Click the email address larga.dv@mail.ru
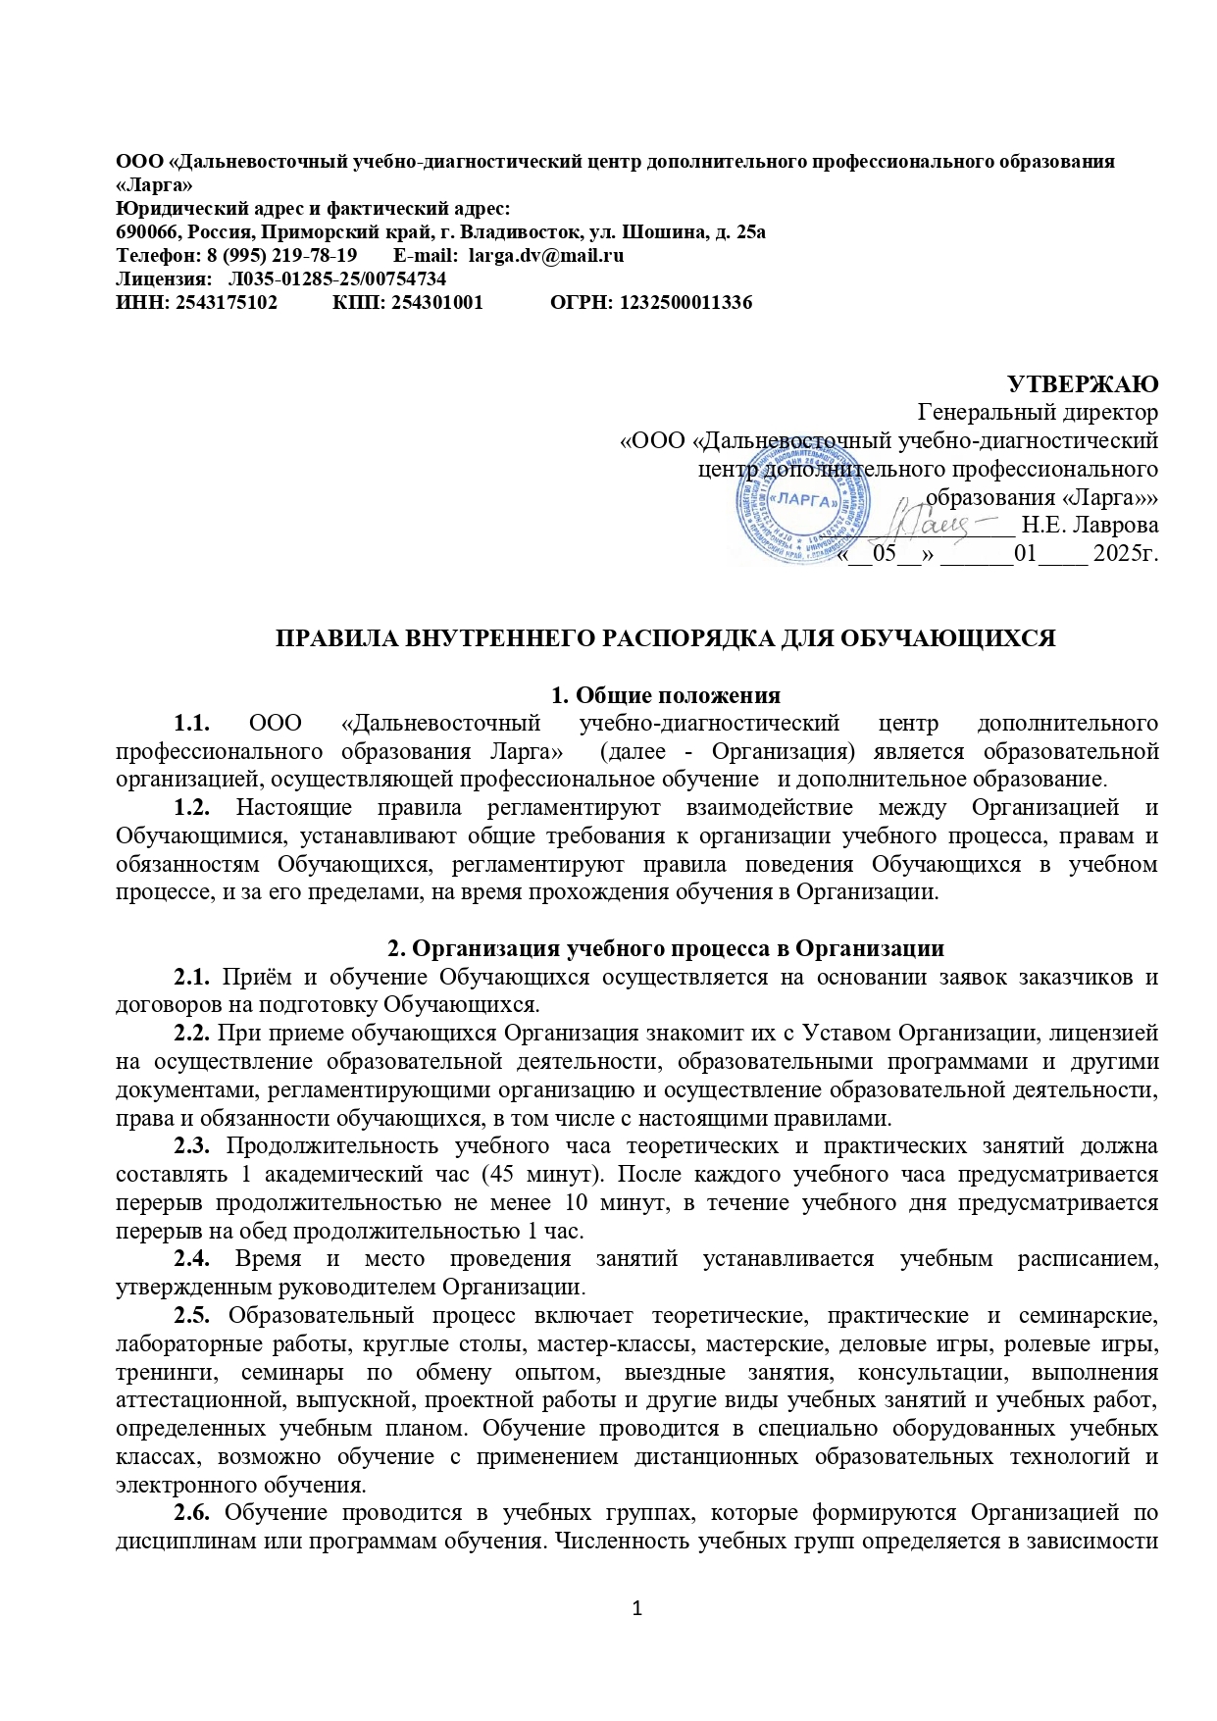click(x=546, y=256)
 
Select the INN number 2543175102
click(x=226, y=303)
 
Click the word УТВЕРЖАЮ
click(x=1084, y=383)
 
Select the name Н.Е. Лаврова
click(x=1090, y=524)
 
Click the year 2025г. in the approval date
click(x=1125, y=554)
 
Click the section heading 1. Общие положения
click(x=666, y=695)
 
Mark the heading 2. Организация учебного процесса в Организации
click(x=666, y=948)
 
